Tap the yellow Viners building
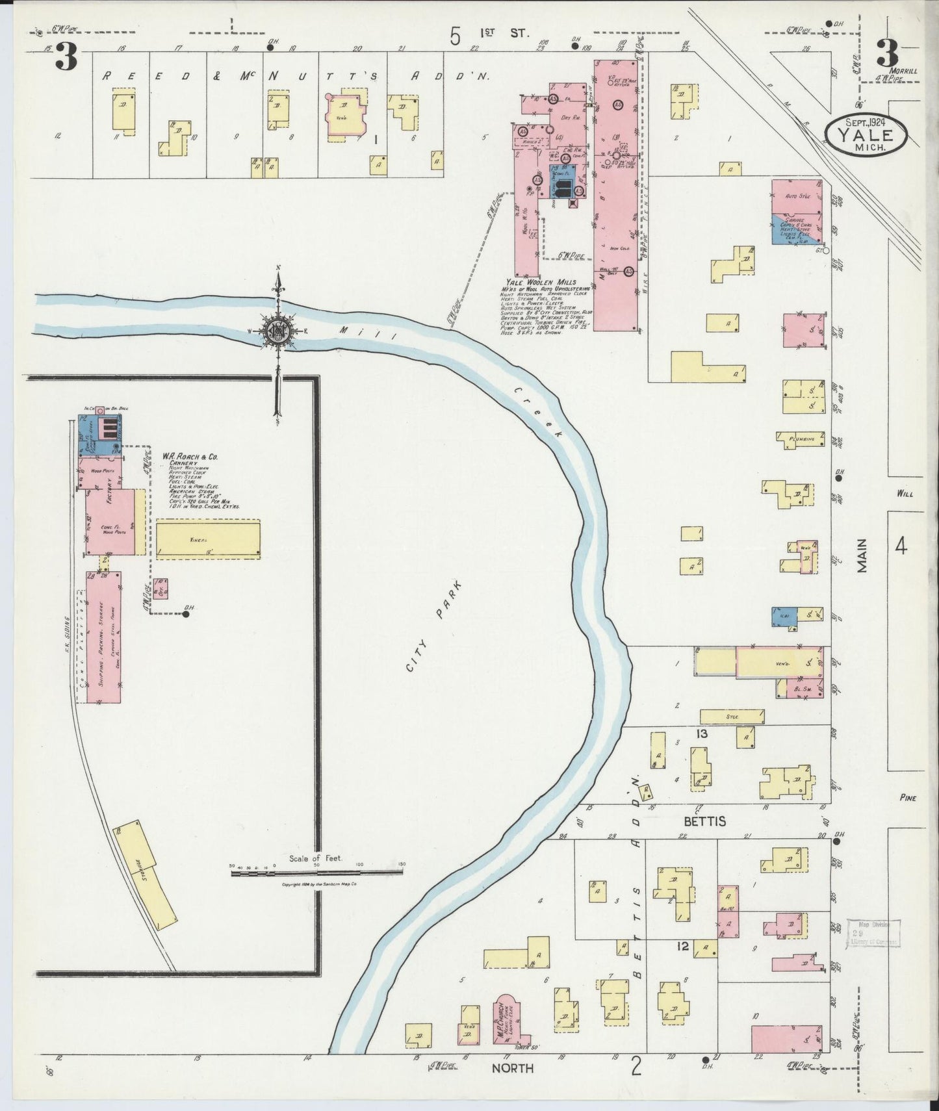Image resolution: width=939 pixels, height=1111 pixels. [x=207, y=539]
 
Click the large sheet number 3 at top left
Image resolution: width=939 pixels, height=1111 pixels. [x=66, y=57]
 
